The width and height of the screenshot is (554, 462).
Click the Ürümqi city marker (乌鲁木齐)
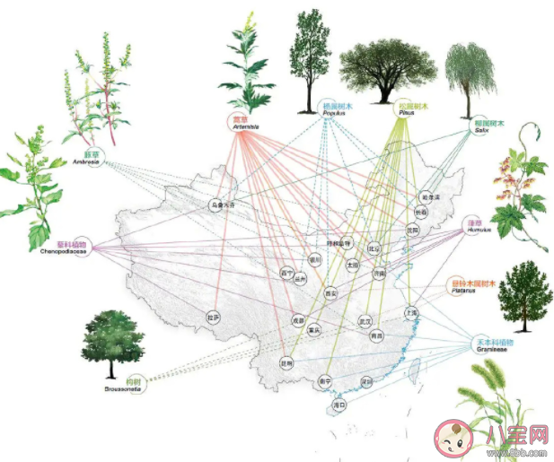(x=222, y=204)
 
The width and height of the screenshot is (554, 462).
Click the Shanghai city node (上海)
(x=412, y=313)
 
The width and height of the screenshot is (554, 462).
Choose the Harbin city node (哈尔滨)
(x=427, y=196)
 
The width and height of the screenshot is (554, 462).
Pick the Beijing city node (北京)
(x=374, y=248)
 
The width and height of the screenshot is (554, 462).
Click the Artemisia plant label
(x=245, y=122)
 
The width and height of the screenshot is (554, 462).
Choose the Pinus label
(x=414, y=109)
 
